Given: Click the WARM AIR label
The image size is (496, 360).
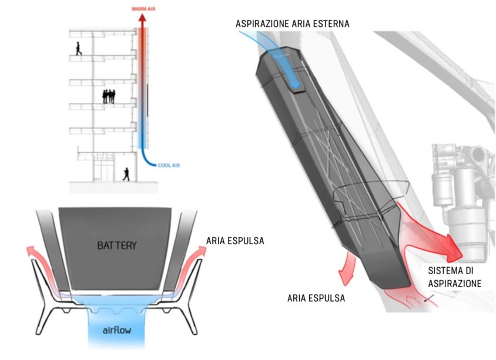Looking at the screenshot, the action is tap(143, 9).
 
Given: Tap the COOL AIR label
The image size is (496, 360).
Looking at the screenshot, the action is tap(169, 165).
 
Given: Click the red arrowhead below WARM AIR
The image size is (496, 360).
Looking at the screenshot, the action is tap(143, 18).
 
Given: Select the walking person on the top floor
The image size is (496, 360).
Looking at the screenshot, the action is tap(78, 48).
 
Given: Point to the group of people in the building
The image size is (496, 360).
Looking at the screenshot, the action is tap(109, 96).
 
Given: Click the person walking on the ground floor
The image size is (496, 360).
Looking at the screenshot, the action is tap(126, 175).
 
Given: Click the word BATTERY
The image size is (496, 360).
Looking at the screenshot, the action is tap(117, 245).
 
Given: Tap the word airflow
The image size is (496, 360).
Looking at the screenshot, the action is tap(117, 331).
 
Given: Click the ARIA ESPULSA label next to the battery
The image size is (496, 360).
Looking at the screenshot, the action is tap(235, 241).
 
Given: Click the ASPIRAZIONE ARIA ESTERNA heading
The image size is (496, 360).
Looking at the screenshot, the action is tap(292, 24).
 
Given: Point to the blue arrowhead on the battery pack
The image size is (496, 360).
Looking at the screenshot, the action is tap(295, 84).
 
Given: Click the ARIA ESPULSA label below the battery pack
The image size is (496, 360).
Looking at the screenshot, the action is tap(316, 298).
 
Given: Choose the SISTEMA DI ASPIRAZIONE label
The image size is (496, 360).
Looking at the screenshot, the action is tap(455, 277).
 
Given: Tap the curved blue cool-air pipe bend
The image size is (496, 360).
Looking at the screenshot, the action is tap(146, 160).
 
